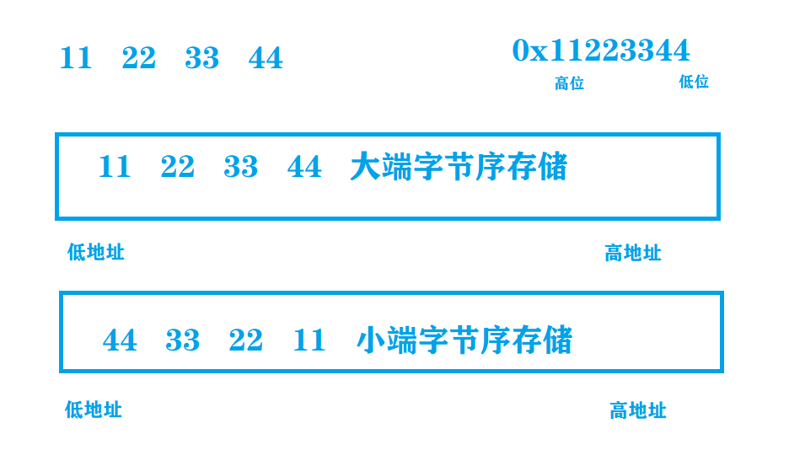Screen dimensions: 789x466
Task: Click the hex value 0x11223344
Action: pyautogui.click(x=601, y=51)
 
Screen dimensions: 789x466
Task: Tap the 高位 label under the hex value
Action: pyautogui.click(x=569, y=83)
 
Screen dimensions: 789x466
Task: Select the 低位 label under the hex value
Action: pyautogui.click(x=694, y=82)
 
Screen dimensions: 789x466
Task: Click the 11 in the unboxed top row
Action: pyautogui.click(x=76, y=59)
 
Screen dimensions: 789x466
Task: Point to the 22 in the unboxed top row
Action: pyautogui.click(x=139, y=59)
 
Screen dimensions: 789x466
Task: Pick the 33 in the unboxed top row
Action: pyautogui.click(x=202, y=59)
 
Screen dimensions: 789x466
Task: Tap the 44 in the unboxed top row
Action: pyautogui.click(x=266, y=59)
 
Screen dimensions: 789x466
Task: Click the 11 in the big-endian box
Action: pyautogui.click(x=115, y=167)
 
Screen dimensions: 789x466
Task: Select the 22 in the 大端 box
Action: pyautogui.click(x=178, y=167)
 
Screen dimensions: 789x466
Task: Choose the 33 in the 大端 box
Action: pyautogui.click(x=241, y=167)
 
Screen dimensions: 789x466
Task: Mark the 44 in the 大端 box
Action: pyautogui.click(x=304, y=167)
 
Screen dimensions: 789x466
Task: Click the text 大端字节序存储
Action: pyautogui.click(x=459, y=167)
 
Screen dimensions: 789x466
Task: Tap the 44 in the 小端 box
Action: pyautogui.click(x=120, y=340)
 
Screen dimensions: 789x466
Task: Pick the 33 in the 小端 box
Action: pyautogui.click(x=183, y=340)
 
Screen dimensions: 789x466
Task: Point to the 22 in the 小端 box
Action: pyautogui.click(x=246, y=340)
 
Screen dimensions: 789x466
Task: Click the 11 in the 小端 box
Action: pyautogui.click(x=309, y=340)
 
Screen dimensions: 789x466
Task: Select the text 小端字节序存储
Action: pyautogui.click(x=464, y=340)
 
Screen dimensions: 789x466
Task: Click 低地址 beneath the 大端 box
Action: pyautogui.click(x=96, y=252)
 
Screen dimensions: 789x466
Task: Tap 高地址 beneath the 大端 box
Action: pyautogui.click(x=633, y=253)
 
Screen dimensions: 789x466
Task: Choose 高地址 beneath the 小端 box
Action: pyautogui.click(x=638, y=410)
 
